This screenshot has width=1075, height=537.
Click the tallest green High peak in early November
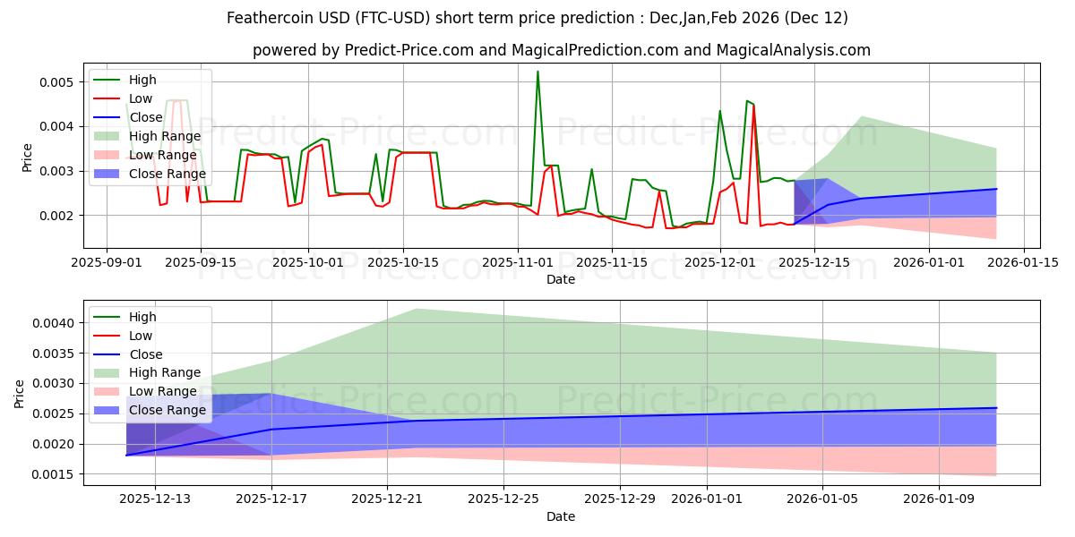[537, 72]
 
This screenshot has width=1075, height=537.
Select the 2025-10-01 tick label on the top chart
[308, 262]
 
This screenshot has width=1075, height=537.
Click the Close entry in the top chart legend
[146, 117]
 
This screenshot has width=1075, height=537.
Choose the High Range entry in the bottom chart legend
[165, 372]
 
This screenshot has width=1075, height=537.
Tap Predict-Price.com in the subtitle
[408, 50]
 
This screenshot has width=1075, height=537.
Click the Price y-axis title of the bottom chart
[20, 392]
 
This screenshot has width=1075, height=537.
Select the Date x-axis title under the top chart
[561, 279]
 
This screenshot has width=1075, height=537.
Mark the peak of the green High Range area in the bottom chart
[416, 309]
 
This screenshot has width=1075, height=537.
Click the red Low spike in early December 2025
[753, 107]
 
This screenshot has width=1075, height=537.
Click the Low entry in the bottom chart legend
[141, 336]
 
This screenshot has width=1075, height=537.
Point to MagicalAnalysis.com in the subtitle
[789, 50]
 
